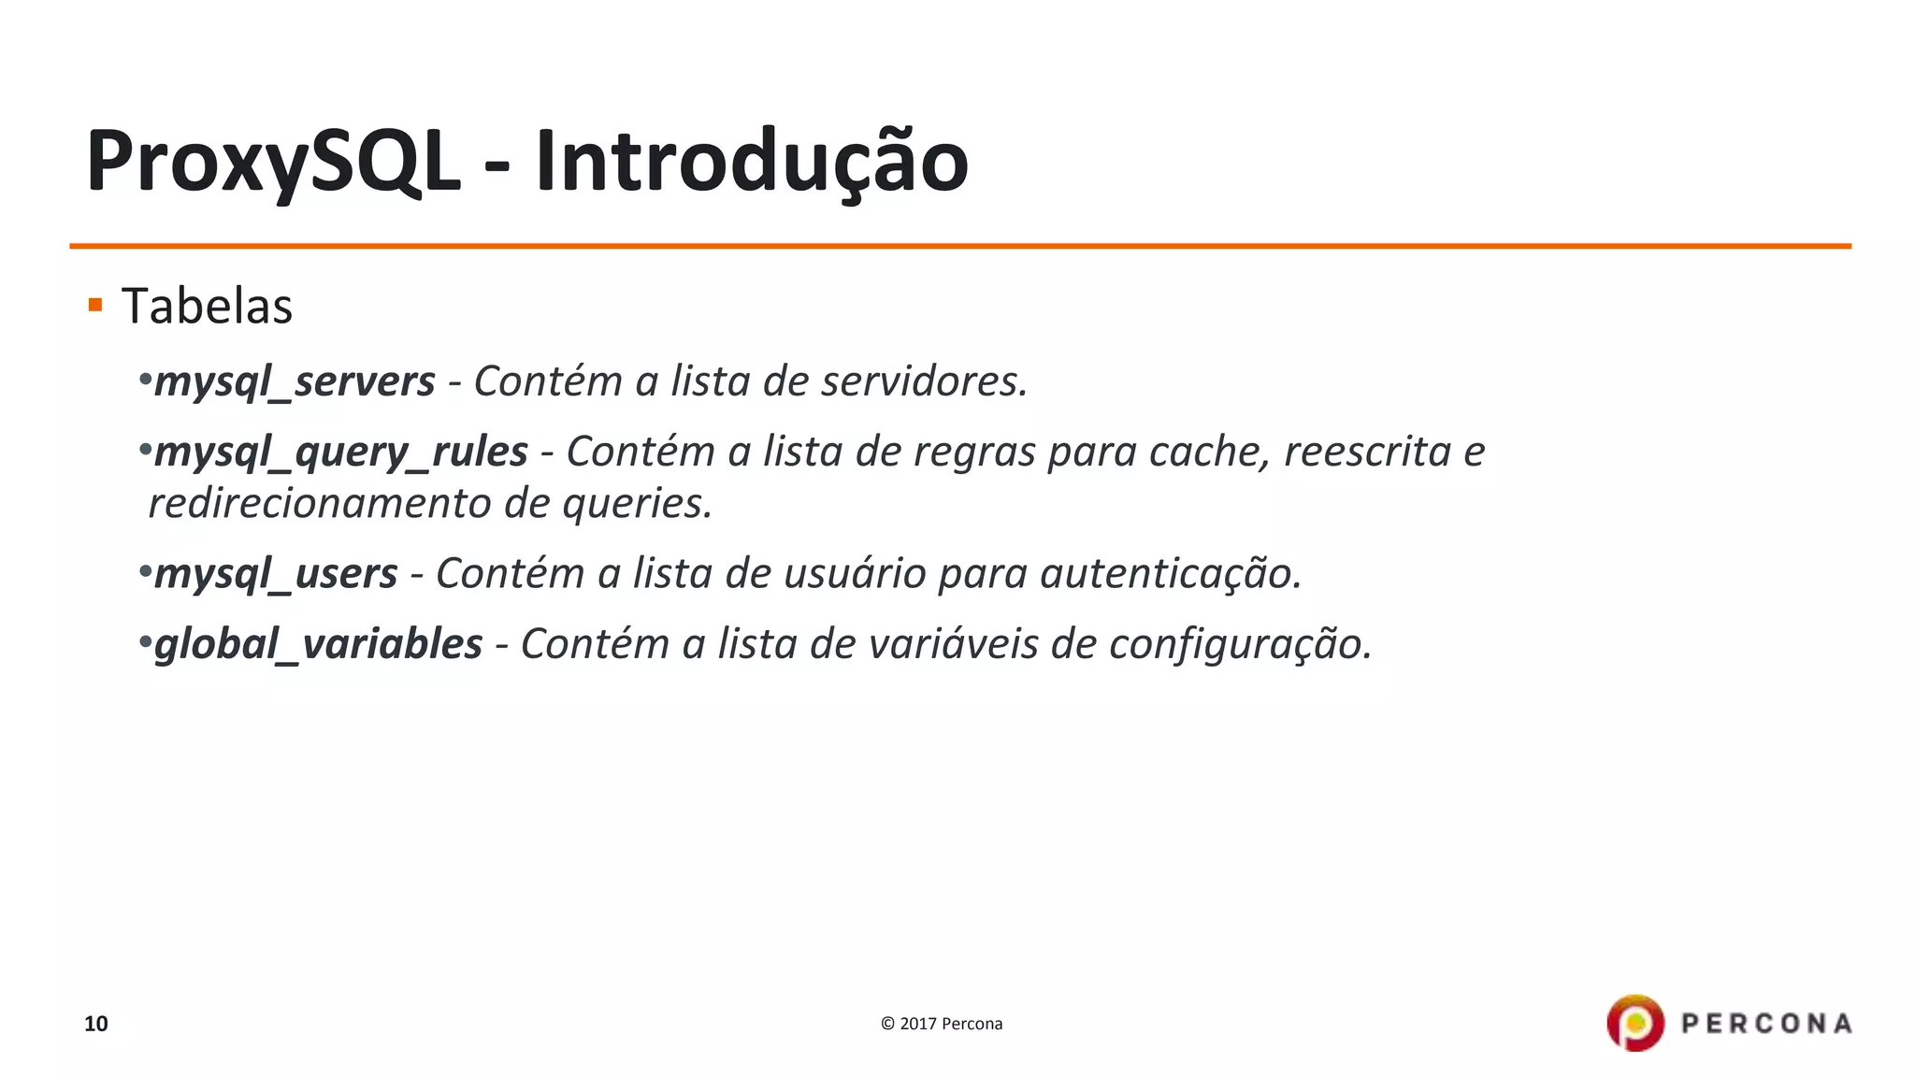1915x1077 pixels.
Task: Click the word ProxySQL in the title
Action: click(x=273, y=162)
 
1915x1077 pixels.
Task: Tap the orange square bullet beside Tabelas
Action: click(x=94, y=305)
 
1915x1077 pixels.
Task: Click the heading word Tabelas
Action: click(x=207, y=307)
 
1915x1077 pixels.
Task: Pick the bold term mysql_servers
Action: click(x=295, y=381)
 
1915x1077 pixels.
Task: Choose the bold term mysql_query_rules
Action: click(x=341, y=452)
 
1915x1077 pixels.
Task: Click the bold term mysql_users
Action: click(x=276, y=574)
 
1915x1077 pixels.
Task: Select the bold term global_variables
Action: click(x=318, y=644)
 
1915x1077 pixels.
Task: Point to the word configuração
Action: click(x=1240, y=644)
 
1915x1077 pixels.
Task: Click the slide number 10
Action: click(x=96, y=1024)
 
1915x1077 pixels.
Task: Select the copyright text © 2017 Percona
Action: click(x=942, y=1024)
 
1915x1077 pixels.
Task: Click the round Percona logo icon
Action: click(x=1635, y=1023)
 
